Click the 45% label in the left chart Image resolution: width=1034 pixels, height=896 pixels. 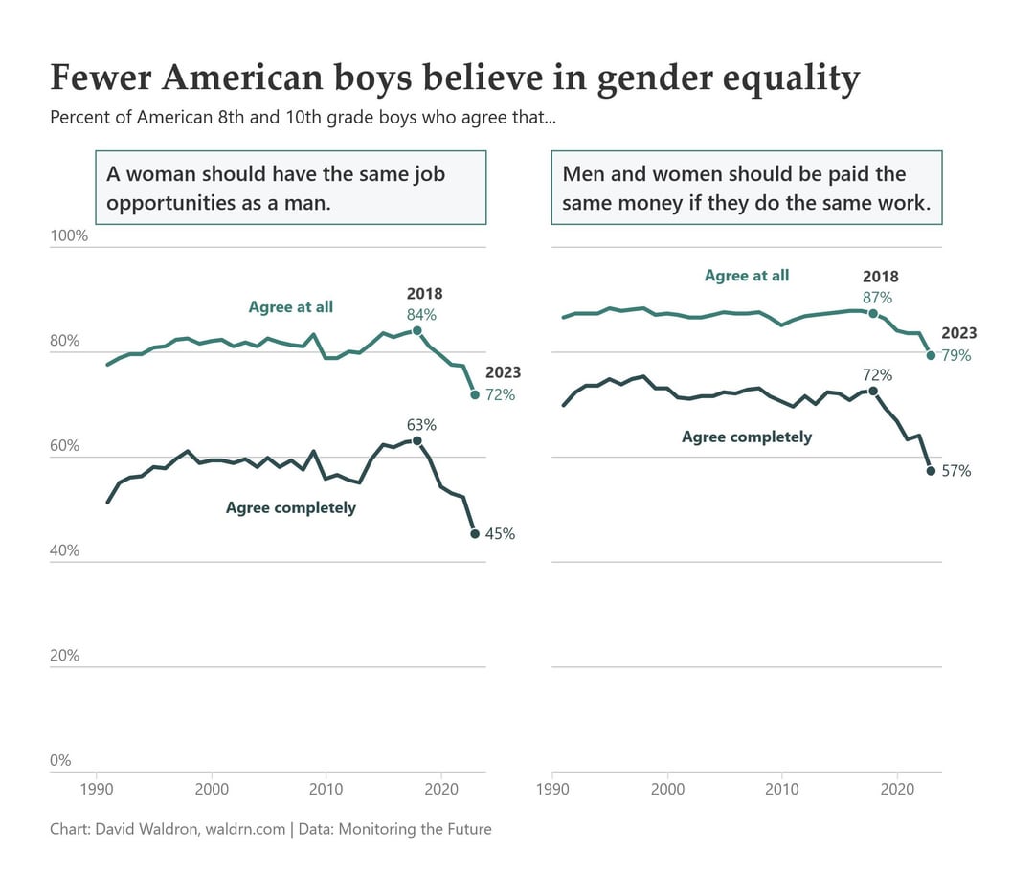[500, 534]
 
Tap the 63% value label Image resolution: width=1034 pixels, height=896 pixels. [421, 425]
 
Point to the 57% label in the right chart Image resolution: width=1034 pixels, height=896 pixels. [955, 471]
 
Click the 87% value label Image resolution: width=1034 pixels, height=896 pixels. [877, 297]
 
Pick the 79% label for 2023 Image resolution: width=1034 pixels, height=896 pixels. [955, 355]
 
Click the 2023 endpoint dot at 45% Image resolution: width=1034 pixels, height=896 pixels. [475, 534]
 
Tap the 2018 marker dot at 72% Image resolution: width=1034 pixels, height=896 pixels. [873, 392]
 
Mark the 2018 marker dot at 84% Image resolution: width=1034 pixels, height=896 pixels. [417, 330]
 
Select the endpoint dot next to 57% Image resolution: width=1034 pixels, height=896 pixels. [931, 470]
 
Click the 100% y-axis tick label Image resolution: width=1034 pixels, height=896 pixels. [69, 236]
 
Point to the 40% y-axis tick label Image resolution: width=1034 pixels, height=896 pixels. [65, 551]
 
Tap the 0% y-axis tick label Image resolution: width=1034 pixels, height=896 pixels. [61, 761]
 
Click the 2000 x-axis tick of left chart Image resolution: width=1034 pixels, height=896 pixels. [211, 790]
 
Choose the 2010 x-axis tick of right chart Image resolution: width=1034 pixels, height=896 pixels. [782, 790]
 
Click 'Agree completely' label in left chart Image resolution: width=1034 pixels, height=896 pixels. [290, 507]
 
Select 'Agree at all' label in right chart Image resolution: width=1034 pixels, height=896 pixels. [747, 276]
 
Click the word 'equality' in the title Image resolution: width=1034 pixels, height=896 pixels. [786, 78]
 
